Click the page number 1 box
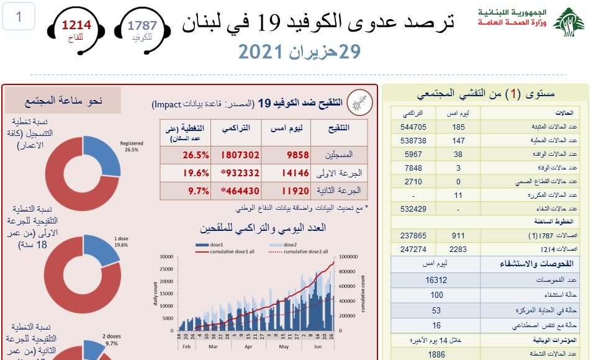point(19,17)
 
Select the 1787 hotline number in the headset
point(142,25)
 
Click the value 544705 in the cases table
point(413,127)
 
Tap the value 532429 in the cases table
point(413,209)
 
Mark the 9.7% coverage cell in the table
point(197,191)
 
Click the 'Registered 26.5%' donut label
point(131,146)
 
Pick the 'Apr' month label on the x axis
point(248,347)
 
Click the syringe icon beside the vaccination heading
point(358,101)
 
